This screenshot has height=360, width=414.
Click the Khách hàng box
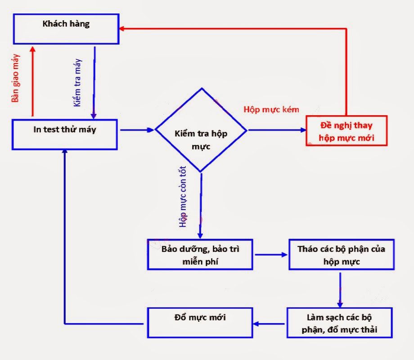pos(66,28)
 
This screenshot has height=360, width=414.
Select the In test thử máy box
pos(65,134)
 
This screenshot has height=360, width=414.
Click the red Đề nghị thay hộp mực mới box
pos(346,131)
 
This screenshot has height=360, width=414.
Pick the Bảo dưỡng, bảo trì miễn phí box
pos(200,254)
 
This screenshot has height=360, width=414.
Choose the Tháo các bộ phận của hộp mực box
pos(342,254)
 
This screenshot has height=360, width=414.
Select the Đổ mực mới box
pos(200,323)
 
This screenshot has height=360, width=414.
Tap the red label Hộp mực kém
pos(271,109)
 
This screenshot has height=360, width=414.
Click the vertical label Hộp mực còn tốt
pos(183,197)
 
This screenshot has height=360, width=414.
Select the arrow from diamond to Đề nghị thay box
pos(276,130)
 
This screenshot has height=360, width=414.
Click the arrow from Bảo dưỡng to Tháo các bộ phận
pos(271,255)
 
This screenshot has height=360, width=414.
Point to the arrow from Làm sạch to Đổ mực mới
pos(270,323)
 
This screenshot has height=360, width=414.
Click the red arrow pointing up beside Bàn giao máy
pos(31,81)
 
